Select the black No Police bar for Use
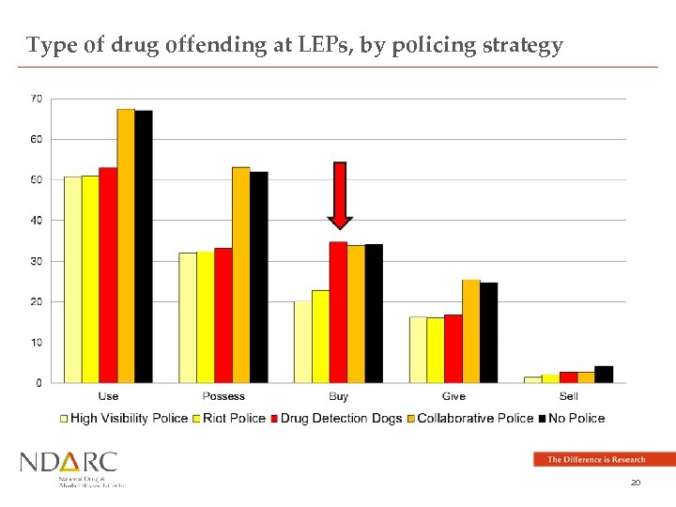point(144,246)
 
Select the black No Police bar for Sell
point(604,374)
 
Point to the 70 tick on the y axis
point(36,98)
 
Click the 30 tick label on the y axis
point(36,261)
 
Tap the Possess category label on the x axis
point(223,397)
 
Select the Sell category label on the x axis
point(568,397)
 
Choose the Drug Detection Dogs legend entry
point(341,419)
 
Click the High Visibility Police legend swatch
point(65,419)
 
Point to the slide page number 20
point(636,482)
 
